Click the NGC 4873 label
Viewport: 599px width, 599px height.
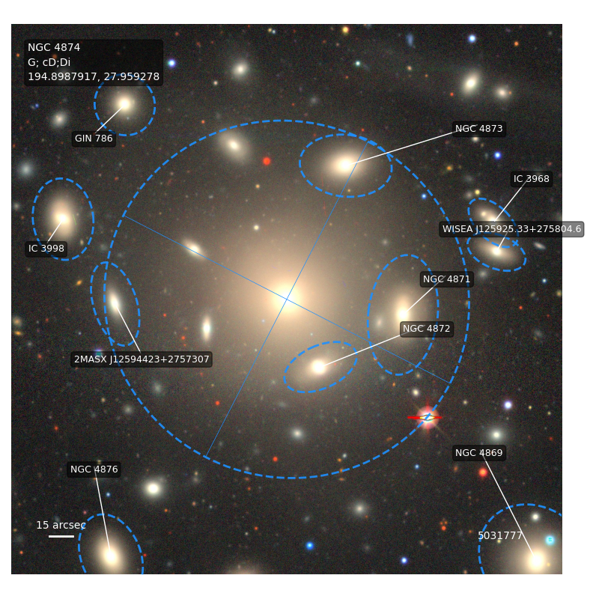click(479, 129)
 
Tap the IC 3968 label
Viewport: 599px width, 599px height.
click(532, 179)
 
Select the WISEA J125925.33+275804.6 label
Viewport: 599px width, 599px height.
click(511, 229)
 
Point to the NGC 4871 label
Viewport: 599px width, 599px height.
click(446, 279)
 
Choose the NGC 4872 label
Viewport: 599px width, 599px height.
click(426, 329)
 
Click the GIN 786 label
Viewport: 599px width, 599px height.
click(94, 139)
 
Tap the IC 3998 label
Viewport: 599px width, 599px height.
click(46, 249)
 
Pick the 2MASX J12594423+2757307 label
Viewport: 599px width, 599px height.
click(142, 359)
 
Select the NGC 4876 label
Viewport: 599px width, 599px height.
click(94, 469)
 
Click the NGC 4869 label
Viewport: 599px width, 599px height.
click(479, 453)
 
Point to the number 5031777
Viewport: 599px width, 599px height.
click(500, 535)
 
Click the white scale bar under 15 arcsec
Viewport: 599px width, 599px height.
click(61, 536)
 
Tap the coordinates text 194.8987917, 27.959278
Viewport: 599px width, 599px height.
click(94, 77)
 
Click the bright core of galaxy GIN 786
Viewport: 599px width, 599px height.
click(124, 104)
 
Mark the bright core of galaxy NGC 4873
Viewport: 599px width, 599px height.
click(345, 165)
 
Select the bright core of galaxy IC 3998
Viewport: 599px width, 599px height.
click(62, 219)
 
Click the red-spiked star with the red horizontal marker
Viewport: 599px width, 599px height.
click(428, 418)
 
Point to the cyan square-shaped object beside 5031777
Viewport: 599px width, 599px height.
click(550, 540)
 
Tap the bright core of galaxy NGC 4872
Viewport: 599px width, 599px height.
click(318, 367)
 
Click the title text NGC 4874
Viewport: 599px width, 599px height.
click(54, 47)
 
